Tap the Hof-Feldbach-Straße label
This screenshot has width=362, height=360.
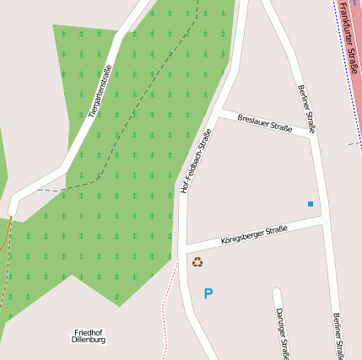point(195,160)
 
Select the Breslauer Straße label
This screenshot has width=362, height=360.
point(265,123)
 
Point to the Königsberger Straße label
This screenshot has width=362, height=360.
point(254,234)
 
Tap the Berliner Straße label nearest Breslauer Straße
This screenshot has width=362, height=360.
point(305,109)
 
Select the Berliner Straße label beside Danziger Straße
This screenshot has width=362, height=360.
point(338,336)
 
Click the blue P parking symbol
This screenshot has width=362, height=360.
point(208,293)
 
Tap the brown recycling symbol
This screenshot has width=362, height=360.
point(197,262)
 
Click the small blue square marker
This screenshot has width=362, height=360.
point(311,204)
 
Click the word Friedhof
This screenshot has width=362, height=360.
point(89,332)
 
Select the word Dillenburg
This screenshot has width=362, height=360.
point(89,341)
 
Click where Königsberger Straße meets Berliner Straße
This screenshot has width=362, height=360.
point(324,220)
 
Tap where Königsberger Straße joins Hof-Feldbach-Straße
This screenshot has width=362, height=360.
point(183,247)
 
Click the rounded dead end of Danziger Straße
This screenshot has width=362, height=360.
point(276,293)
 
